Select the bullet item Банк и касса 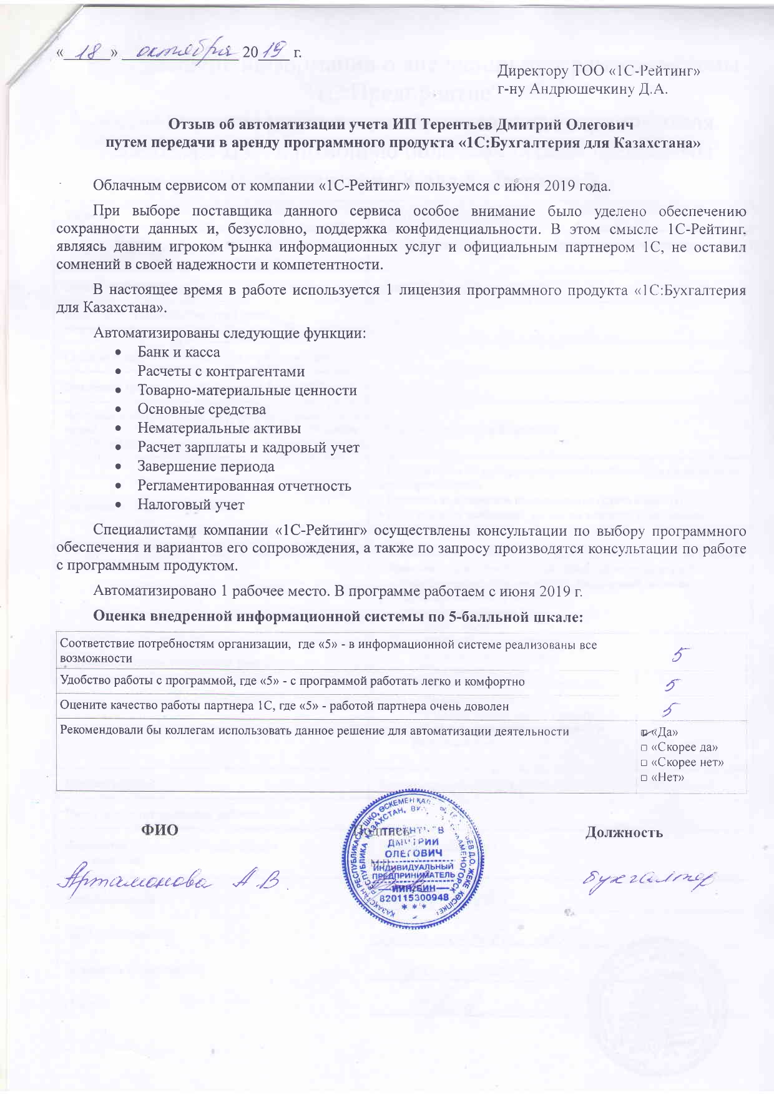pyautogui.click(x=179, y=352)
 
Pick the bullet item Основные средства pyautogui.click(x=202, y=410)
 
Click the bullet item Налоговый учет pyautogui.click(x=191, y=504)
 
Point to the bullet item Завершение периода pyautogui.click(x=205, y=466)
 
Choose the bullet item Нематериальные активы pyautogui.click(x=219, y=428)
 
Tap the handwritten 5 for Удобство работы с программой pyautogui.click(x=673, y=685)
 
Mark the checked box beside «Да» pyautogui.click(x=644, y=732)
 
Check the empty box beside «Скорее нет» pyautogui.click(x=643, y=762)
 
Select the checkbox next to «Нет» pyautogui.click(x=643, y=777)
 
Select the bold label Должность pyautogui.click(x=624, y=832)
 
